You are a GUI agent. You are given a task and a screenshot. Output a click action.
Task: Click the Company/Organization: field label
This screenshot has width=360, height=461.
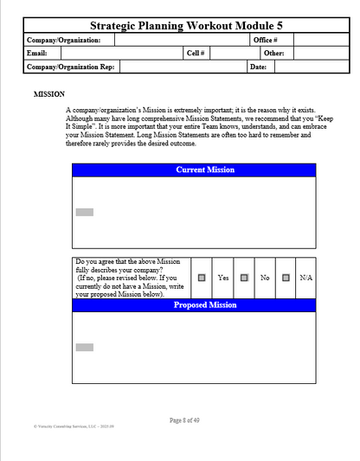[x=64, y=40]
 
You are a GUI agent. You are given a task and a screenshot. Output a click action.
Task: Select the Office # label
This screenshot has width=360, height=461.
[x=265, y=40]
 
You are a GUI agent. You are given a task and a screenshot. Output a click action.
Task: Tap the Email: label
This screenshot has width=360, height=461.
[x=37, y=53]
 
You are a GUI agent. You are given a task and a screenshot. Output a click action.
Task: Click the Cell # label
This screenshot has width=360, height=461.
[x=196, y=53]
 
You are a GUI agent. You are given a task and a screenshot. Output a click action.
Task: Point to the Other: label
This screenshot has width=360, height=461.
[x=273, y=53]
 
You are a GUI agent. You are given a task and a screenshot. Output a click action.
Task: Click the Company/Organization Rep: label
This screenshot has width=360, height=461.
[x=71, y=67]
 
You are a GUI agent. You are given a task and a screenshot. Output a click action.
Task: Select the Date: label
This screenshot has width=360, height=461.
[x=258, y=67]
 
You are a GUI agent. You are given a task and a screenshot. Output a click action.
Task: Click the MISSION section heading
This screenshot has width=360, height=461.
[x=48, y=94]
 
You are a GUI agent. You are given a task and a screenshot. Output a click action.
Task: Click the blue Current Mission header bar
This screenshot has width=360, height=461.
[x=194, y=170]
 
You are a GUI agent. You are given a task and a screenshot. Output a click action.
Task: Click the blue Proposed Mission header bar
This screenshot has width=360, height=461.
[x=194, y=305]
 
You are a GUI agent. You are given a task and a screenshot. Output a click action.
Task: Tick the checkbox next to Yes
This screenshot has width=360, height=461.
[x=202, y=278]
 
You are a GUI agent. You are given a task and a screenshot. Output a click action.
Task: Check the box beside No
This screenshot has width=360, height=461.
[x=244, y=278]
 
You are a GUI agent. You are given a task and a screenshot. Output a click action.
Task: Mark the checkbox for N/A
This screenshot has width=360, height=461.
[x=285, y=278]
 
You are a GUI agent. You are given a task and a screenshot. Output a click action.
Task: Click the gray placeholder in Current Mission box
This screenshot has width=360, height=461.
[x=84, y=212]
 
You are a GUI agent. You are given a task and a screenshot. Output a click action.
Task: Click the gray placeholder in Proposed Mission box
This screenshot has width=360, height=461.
[x=84, y=347]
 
